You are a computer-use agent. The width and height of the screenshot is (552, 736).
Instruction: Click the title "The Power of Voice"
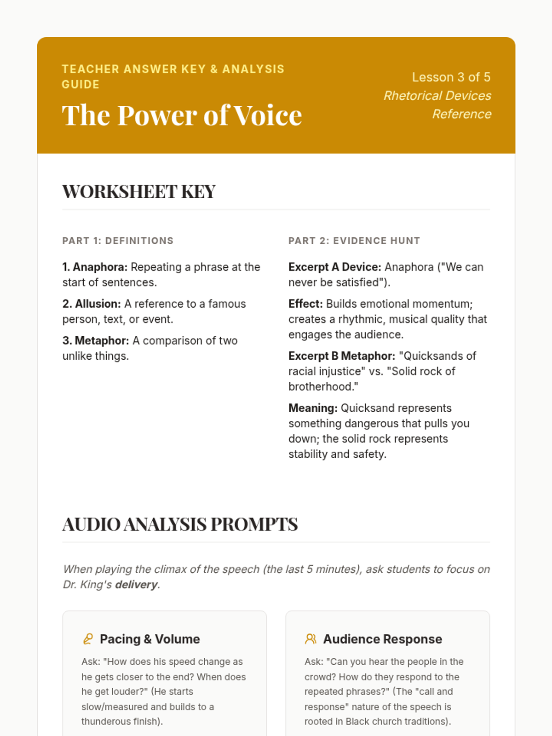point(182,115)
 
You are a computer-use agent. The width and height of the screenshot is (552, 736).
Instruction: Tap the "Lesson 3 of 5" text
point(451,77)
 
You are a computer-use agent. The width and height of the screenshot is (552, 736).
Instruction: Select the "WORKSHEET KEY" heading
point(138,192)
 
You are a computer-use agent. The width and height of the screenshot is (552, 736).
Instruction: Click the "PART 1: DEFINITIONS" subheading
point(118,241)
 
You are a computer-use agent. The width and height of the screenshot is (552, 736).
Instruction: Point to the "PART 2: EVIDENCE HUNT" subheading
point(354,241)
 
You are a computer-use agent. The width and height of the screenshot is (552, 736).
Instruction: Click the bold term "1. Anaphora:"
point(95,267)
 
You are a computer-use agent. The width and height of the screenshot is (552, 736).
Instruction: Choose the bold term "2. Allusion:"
point(92,304)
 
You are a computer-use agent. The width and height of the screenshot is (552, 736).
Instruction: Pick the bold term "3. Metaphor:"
point(96,341)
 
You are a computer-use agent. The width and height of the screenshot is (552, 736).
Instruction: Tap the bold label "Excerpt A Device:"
point(334,267)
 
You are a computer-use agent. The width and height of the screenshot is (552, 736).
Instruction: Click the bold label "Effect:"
point(305,304)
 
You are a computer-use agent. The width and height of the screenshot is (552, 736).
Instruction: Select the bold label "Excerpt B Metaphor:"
point(341,356)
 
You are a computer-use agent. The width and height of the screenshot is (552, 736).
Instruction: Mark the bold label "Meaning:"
point(313,408)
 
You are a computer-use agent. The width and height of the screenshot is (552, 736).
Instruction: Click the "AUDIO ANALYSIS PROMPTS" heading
point(180,524)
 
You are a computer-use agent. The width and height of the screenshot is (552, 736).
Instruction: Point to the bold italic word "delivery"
point(136,585)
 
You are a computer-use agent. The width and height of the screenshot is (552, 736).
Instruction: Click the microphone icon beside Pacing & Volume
point(88,639)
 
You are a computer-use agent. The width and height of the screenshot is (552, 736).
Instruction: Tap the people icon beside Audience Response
point(310,639)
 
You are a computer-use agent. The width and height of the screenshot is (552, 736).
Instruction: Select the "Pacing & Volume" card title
point(149,639)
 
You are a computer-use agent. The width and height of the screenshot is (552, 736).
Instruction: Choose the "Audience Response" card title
point(382,639)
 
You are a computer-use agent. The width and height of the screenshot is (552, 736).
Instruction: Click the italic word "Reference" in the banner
point(461,114)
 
